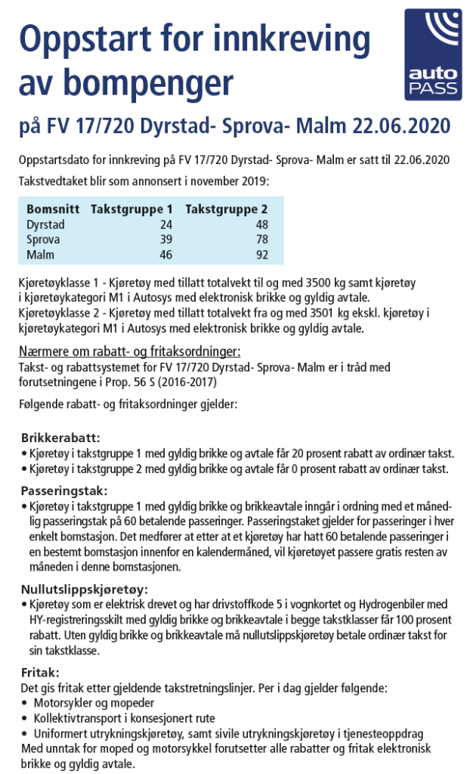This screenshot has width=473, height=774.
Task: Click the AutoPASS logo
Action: [x=432, y=54]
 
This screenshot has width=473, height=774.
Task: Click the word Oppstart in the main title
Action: [x=91, y=38]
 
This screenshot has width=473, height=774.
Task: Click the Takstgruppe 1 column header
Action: [x=131, y=209]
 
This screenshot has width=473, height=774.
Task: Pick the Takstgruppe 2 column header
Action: [x=226, y=209]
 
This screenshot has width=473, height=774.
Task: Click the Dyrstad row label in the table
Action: [x=46, y=224]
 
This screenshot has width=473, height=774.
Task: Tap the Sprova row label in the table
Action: [x=44, y=240]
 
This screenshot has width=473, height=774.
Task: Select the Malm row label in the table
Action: [x=41, y=255]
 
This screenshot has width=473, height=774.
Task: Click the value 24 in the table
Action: [x=165, y=224]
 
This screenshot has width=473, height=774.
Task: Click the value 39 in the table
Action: [x=165, y=240]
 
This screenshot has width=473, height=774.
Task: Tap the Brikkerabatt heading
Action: [x=60, y=438]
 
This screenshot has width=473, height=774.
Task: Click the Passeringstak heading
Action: [x=64, y=490]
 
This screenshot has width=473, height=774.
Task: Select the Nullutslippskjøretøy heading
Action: [x=84, y=589]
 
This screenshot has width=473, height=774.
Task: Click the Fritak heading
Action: [x=39, y=672]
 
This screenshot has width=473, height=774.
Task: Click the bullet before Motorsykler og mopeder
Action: [x=25, y=703]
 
